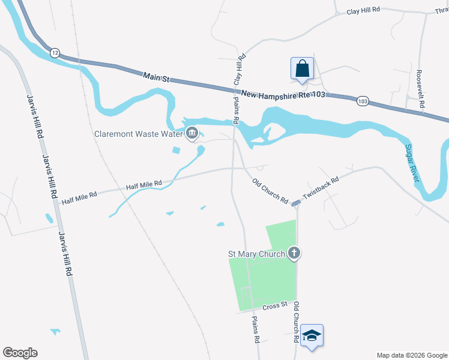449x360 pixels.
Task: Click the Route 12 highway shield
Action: click(55, 52)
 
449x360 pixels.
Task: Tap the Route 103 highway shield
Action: click(363, 101)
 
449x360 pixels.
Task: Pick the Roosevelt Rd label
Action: click(421, 89)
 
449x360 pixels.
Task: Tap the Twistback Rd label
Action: click(321, 188)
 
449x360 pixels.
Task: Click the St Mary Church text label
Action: click(257, 254)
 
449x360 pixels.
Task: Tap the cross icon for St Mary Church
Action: click(294, 253)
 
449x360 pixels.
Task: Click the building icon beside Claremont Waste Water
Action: click(192, 133)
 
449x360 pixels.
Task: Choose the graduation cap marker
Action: click(312, 335)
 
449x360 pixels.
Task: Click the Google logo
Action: click(19, 352)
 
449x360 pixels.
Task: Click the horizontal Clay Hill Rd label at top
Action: click(364, 10)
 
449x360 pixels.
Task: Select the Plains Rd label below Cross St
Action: click(256, 329)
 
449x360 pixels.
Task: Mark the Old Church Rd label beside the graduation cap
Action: click(296, 322)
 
